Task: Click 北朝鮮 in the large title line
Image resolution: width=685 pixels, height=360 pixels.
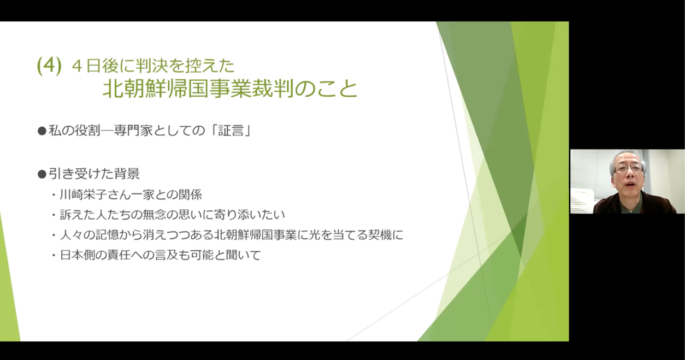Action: (x=134, y=88)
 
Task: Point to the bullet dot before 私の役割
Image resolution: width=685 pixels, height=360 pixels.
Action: (x=42, y=131)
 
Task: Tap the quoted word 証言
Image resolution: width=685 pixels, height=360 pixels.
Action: (x=231, y=131)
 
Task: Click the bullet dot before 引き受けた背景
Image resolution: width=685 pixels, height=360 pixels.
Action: (x=42, y=174)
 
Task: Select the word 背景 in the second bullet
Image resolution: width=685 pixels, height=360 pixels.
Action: (x=127, y=174)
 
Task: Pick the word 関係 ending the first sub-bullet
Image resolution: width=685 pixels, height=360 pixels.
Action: (x=190, y=195)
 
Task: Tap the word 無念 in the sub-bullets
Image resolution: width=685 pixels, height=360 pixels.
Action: (x=154, y=215)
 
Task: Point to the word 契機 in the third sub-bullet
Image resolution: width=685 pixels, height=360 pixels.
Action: (x=380, y=235)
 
